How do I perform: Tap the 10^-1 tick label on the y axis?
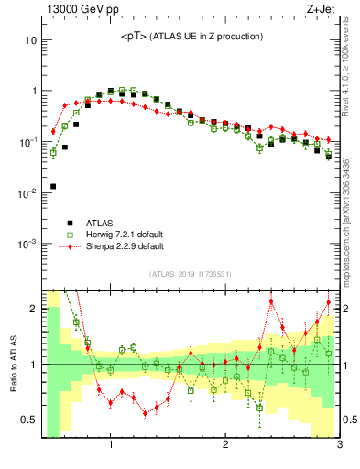[27, 142]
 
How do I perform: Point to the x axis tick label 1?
[111, 446]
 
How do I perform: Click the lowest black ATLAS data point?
[53, 186]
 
